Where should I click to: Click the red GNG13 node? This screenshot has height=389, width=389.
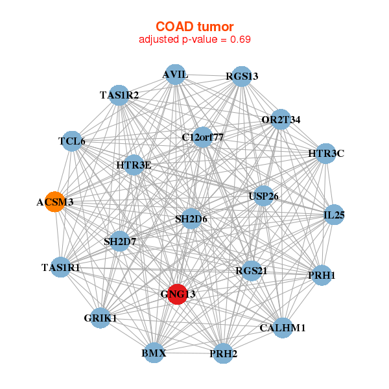pos(177,294)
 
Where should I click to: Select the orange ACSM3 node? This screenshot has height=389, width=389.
pos(54,202)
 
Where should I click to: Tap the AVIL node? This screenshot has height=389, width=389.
pos(175,75)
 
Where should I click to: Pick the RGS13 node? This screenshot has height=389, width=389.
pos(241,77)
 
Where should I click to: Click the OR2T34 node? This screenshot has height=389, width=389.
pos(280,119)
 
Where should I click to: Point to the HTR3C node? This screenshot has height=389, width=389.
pos(325,154)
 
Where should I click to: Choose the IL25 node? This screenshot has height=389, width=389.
pos(333,215)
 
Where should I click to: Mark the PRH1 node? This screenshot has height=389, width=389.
pos(322,276)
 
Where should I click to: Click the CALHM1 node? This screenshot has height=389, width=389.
pos(282,327)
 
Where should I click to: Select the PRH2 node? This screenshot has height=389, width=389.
pos(223,353)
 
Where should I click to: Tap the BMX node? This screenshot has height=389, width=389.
pos(154,353)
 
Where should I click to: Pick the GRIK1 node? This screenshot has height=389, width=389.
pos(100,318)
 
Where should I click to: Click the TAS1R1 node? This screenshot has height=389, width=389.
pos(61,266)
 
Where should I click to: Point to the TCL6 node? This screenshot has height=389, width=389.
pos(71,141)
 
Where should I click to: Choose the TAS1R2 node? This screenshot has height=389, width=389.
pos(119,95)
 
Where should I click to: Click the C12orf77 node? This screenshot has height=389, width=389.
pos(202,137)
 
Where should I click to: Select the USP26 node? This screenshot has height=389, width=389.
pos(263,196)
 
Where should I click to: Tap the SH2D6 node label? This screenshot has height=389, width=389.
pos(191,219)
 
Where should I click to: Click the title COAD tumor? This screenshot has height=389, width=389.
pos(194,27)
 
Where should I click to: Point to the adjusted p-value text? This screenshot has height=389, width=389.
pos(194,40)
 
